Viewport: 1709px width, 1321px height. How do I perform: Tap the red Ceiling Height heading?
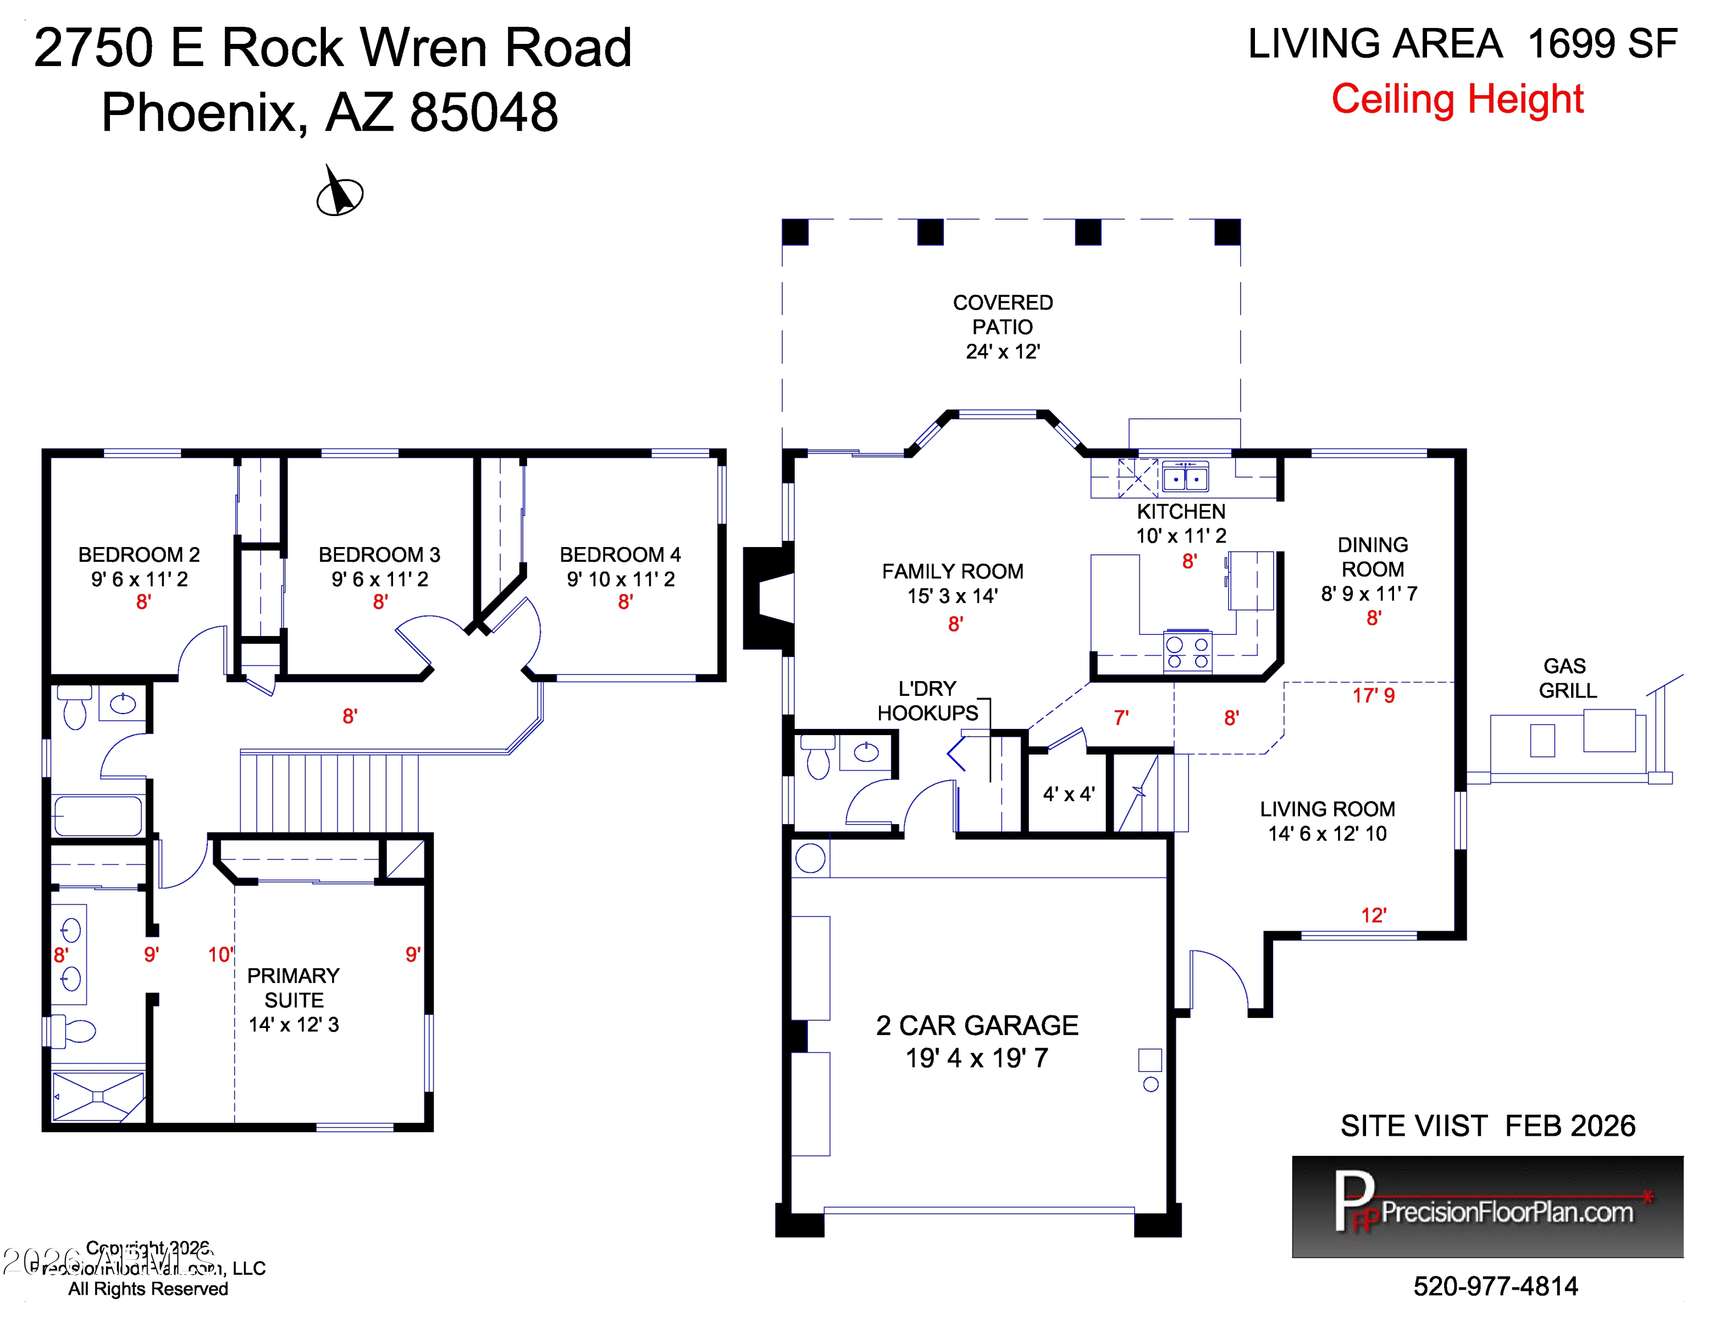[x=1457, y=99]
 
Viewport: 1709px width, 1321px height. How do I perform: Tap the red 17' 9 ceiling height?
[x=1373, y=695]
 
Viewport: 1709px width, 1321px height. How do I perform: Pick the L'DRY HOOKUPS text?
[x=927, y=700]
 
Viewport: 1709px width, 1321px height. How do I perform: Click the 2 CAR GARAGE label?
[x=976, y=1041]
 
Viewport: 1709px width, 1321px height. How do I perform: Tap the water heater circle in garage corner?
[x=810, y=858]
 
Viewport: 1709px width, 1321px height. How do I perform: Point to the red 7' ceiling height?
[x=1121, y=717]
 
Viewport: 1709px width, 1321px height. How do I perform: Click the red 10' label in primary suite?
[x=220, y=954]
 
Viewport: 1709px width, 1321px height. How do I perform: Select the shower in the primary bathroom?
[x=98, y=1096]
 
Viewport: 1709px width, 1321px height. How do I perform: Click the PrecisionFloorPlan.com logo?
[x=1487, y=1207]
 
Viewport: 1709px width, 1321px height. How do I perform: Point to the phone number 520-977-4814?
[x=1495, y=1286]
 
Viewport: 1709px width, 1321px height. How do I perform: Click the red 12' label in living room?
[x=1373, y=915]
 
